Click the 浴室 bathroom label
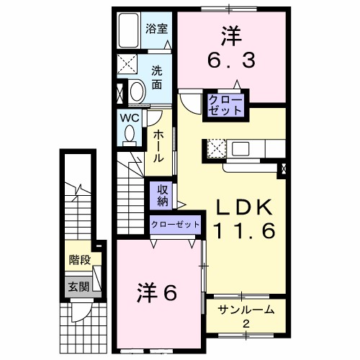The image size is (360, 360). click(156, 30)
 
